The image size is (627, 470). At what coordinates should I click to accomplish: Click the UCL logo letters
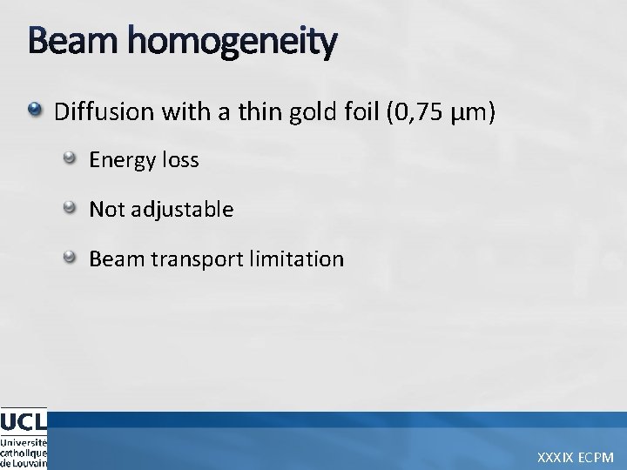(24, 421)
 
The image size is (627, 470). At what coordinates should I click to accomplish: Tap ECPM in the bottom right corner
(597, 457)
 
